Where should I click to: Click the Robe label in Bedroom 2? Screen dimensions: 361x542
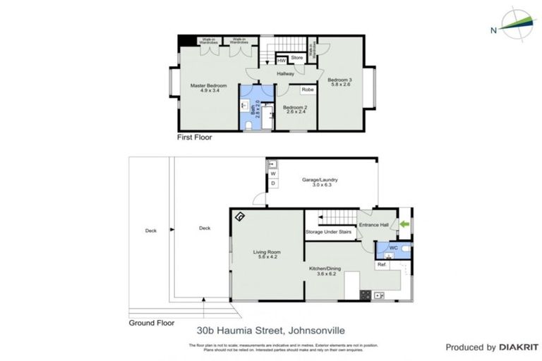[307, 90]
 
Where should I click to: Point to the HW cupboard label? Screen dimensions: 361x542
[281, 61]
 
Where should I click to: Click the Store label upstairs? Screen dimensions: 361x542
[296, 57]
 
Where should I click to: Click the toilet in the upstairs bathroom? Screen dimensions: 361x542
[251, 124]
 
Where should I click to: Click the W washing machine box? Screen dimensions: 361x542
[273, 173]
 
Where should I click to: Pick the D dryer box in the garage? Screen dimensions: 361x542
[273, 183]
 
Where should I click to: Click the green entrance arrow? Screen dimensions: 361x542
[404, 224]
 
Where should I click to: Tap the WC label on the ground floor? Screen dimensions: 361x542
[393, 247]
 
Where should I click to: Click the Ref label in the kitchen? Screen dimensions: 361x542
[381, 264]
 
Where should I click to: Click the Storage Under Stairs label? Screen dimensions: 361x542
[328, 231]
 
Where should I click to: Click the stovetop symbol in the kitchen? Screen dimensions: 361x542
[366, 295]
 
